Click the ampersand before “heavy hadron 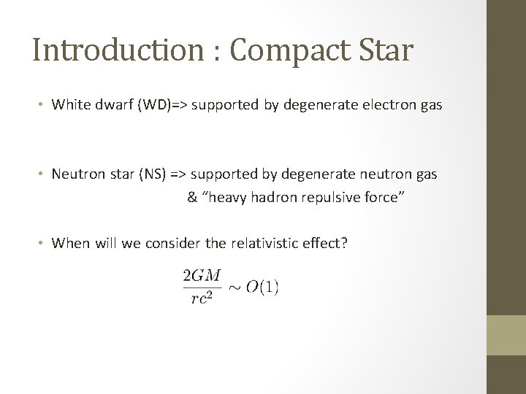192,198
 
